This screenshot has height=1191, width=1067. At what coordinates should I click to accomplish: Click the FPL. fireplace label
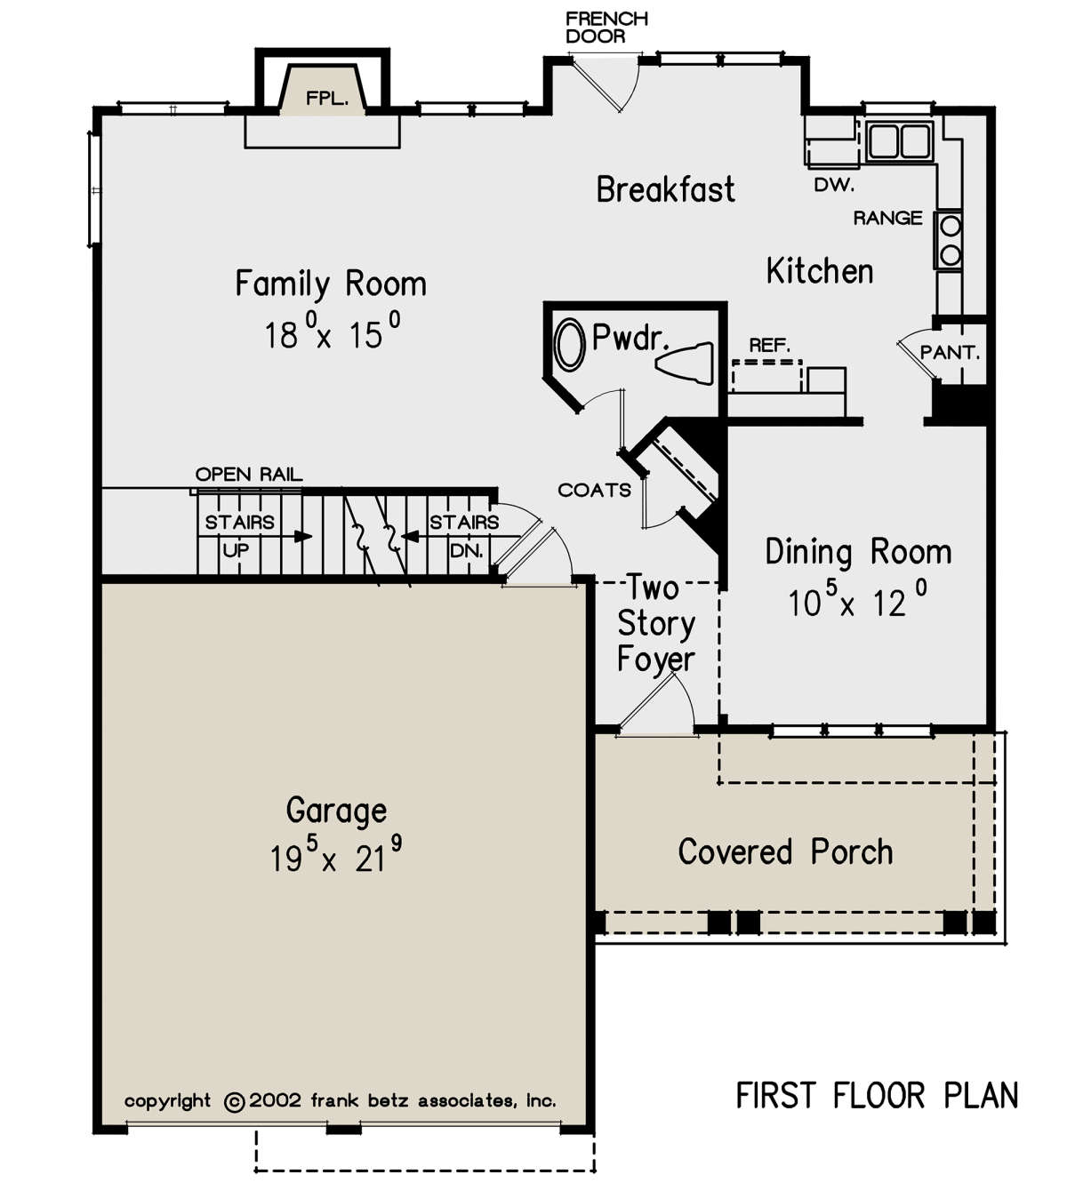click(327, 98)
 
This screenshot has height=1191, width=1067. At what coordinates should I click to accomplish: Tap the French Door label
click(606, 28)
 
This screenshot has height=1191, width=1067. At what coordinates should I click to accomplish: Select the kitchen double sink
click(899, 141)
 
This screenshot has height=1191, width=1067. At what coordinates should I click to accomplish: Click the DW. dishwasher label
click(834, 185)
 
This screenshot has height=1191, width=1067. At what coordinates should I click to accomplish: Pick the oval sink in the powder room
click(569, 344)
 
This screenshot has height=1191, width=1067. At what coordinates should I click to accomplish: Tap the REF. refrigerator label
click(769, 345)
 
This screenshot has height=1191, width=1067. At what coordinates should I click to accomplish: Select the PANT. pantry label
click(950, 353)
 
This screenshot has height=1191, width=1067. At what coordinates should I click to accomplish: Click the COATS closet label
click(594, 491)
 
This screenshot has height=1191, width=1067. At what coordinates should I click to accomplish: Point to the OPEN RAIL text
click(249, 475)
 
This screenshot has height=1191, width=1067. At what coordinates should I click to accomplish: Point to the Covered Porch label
click(785, 851)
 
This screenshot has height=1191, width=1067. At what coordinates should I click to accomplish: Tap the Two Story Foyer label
click(655, 623)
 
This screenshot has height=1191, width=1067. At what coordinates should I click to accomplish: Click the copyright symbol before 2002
click(234, 1102)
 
